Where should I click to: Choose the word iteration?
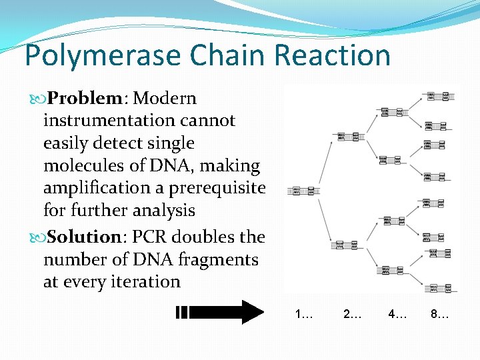pyautogui.click(x=144, y=282)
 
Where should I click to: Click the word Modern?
pyautogui.click(x=165, y=99)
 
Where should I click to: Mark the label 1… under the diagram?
pyautogui.click(x=304, y=314)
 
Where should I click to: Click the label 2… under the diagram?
pyautogui.click(x=352, y=314)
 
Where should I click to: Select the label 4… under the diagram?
pyautogui.click(x=398, y=314)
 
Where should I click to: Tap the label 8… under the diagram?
pyautogui.click(x=440, y=314)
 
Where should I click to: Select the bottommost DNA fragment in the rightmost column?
pyautogui.click(x=441, y=288)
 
